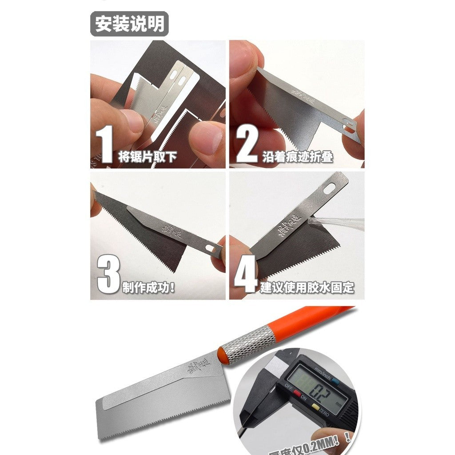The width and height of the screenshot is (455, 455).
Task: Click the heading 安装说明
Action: tap(129, 24)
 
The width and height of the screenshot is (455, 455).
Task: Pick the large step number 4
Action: tap(245, 276)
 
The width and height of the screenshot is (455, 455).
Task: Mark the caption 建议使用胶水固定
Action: tap(307, 287)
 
